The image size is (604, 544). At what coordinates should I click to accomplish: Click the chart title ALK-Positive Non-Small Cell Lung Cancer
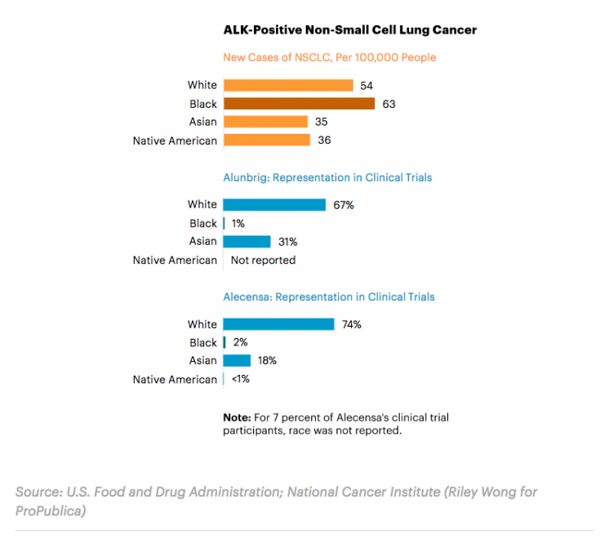[349, 30]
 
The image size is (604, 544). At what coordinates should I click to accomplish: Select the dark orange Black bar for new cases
[299, 104]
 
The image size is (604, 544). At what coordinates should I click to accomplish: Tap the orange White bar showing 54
[288, 85]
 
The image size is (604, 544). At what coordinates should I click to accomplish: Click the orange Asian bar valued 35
[265, 122]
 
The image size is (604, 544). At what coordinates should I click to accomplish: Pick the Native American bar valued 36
[266, 140]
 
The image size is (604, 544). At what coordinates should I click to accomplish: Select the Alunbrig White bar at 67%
[274, 204]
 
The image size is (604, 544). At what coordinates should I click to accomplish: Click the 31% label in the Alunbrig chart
[287, 242]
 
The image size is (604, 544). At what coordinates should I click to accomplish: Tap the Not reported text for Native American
[263, 261]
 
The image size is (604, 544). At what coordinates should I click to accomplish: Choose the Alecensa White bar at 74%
[278, 324]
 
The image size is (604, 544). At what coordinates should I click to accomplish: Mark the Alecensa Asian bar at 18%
[237, 360]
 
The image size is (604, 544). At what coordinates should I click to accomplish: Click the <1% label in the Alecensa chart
[241, 379]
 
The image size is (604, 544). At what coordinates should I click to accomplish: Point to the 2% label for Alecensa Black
[240, 343]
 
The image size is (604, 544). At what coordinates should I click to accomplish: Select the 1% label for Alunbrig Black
[239, 223]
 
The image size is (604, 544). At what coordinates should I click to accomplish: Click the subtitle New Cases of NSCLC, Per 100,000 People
[330, 58]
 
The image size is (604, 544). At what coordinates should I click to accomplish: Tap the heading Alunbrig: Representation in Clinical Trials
[327, 177]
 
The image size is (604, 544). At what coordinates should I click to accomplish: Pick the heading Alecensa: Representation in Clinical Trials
[329, 297]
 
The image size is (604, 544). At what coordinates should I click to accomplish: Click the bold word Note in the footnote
[238, 417]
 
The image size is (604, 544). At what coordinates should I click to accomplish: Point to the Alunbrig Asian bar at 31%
[246, 242]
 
